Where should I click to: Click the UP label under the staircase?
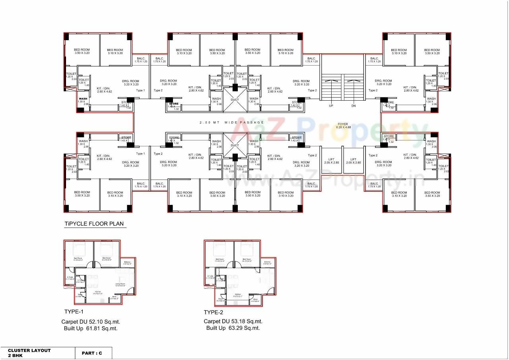[331, 106]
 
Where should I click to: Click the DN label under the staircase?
[354, 106]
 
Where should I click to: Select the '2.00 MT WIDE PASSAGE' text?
[232, 123]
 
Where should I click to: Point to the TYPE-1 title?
[74, 311]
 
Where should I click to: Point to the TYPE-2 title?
[214, 312]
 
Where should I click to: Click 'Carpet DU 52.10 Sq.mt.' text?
[91, 321]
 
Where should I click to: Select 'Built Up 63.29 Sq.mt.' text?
[233, 328]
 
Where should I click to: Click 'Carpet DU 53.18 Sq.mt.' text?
[233, 321]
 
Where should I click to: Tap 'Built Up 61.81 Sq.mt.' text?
[91, 329]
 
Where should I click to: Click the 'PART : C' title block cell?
[92, 353]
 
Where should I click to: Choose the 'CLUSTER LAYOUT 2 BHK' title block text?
[29, 353]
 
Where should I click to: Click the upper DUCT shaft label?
[235, 100]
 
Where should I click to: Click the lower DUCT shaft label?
[235, 145]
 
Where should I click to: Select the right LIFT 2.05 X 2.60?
[353, 161]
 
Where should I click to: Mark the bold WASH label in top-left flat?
[83, 99]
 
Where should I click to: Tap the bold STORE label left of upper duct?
[173, 104]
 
